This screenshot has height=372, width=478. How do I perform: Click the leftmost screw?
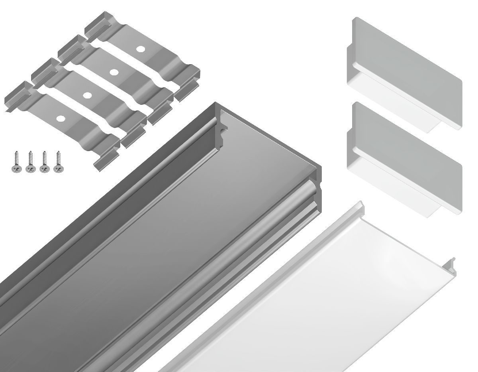coord(16,162)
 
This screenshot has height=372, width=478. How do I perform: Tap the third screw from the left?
coord(44,162)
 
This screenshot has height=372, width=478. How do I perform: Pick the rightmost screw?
coord(58,162)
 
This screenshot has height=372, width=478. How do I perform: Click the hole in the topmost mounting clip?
coord(140,49)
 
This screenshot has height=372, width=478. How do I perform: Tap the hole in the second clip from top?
coord(114,72)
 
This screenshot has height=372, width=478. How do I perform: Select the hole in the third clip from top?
coord(87,95)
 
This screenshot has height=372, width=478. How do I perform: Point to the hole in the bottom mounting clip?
coord(61,118)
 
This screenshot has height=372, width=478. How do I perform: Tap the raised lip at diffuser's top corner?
coord(360,205)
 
